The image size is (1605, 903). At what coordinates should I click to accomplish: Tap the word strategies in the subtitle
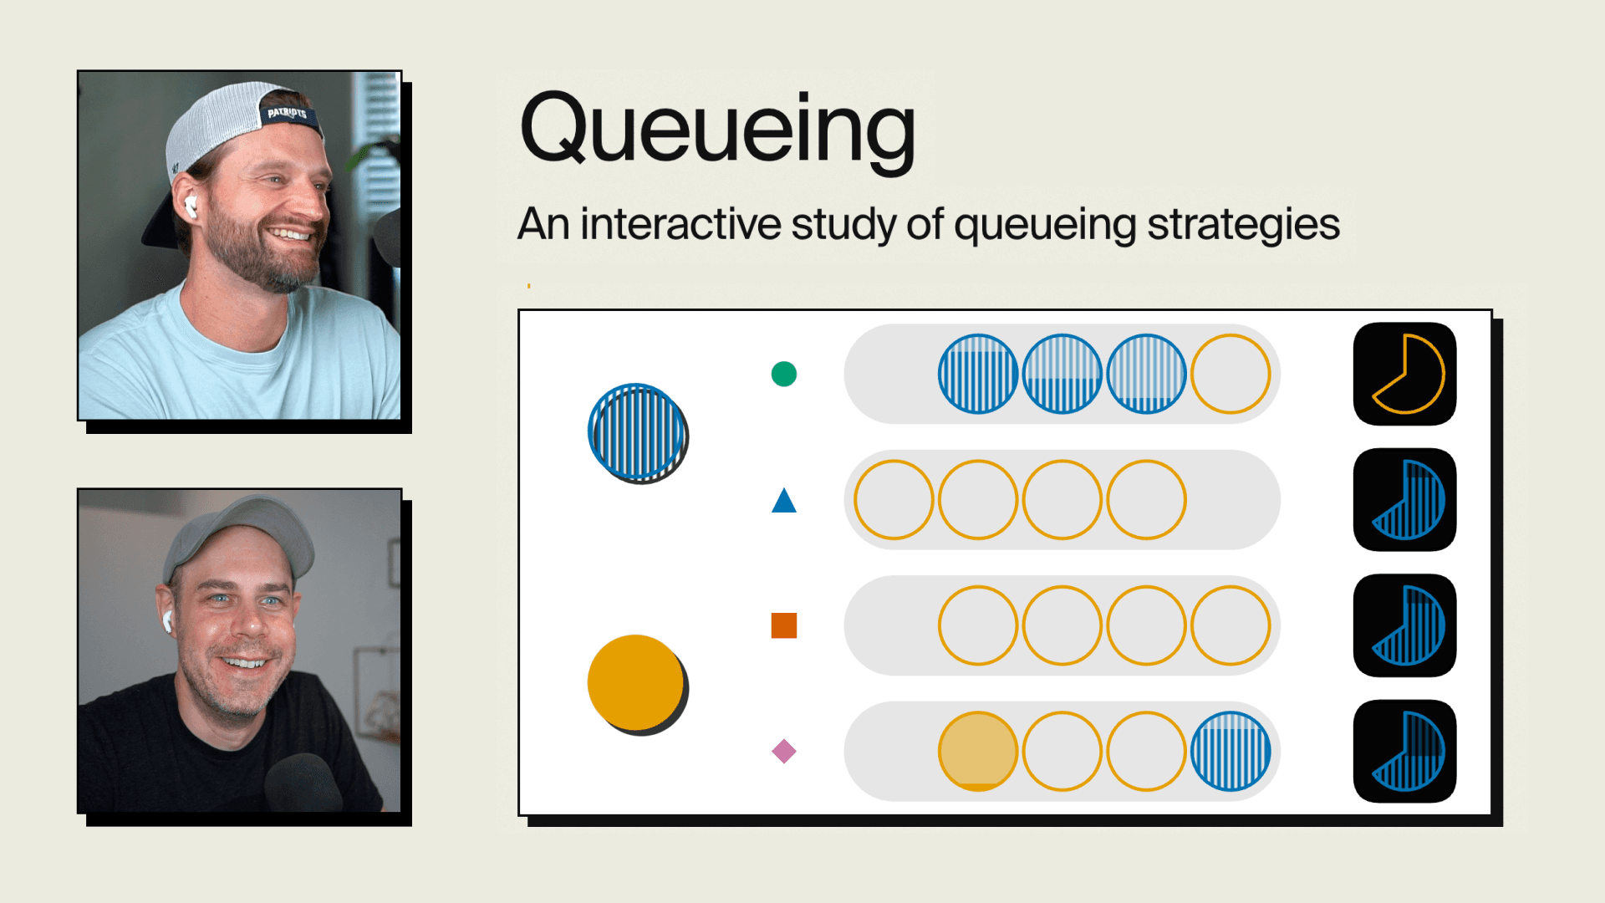pyautogui.click(x=1243, y=225)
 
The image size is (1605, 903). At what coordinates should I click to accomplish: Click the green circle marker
pyautogui.click(x=784, y=374)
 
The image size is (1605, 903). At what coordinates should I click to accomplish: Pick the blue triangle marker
pyautogui.click(x=784, y=502)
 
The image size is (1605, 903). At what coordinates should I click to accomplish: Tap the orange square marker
pyautogui.click(x=784, y=625)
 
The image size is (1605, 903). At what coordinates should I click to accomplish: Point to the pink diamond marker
pyautogui.click(x=784, y=751)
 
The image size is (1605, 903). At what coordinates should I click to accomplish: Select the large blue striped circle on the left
pyautogui.click(x=637, y=432)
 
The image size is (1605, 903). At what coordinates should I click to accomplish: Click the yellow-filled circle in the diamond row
pyautogui.click(x=978, y=751)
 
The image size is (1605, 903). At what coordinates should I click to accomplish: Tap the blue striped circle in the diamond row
pyautogui.click(x=1230, y=751)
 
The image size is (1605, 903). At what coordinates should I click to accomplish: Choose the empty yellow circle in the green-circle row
pyautogui.click(x=1230, y=374)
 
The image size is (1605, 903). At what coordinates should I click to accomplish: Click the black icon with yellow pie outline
pyautogui.click(x=1405, y=374)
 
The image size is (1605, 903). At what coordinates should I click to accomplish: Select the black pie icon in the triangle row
pyautogui.click(x=1405, y=500)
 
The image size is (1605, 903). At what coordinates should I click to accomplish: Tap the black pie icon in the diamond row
pyautogui.click(x=1405, y=751)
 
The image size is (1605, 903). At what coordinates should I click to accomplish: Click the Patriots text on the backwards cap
pyautogui.click(x=287, y=113)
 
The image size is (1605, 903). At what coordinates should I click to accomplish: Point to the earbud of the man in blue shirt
pyautogui.click(x=190, y=205)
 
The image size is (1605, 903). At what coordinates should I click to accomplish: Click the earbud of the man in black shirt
pyautogui.click(x=166, y=620)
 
